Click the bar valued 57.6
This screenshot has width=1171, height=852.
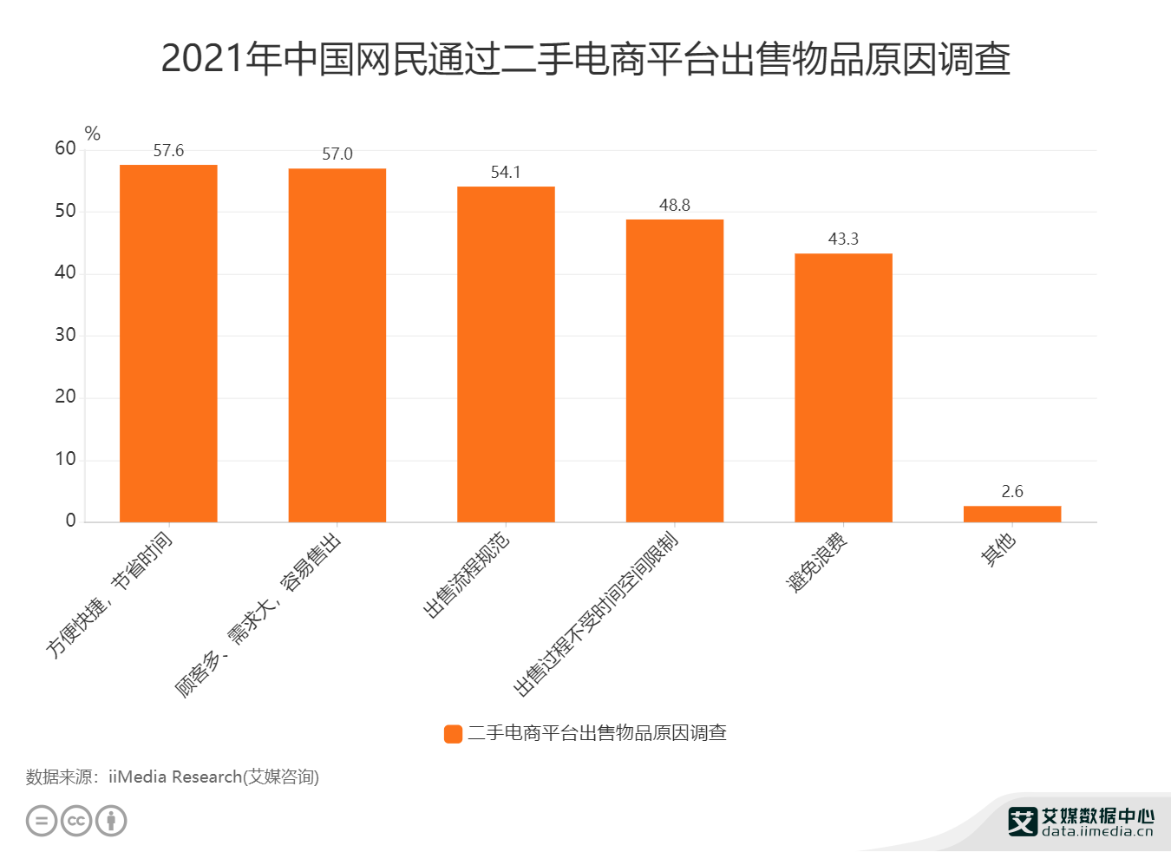tap(168, 343)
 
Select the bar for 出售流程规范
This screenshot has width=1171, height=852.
tap(506, 354)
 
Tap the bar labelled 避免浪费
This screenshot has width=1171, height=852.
tap(843, 387)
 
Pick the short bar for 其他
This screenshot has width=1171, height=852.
tap(1011, 514)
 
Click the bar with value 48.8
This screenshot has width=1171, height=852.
tap(674, 370)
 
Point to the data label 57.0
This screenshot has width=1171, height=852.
tap(337, 154)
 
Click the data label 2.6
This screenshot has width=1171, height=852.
tap(1011, 492)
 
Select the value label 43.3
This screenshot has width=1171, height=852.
tap(843, 239)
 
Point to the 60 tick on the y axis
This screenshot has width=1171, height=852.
tap(65, 148)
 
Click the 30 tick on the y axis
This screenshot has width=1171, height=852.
tap(65, 335)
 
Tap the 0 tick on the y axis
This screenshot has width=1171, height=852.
tap(70, 521)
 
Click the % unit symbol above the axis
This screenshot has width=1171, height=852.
tap(93, 134)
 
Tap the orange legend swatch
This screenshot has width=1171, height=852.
tap(453, 734)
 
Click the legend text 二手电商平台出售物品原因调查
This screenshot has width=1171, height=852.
tap(597, 734)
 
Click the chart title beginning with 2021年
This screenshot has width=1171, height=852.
tap(585, 59)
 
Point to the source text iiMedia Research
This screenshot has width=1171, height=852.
tap(173, 777)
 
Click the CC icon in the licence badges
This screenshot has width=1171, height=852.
tap(76, 821)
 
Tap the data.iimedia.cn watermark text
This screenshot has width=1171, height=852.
tap(1097, 831)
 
